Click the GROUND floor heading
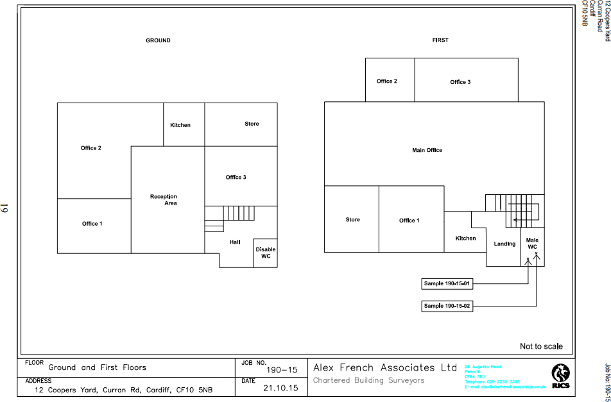point(158,40)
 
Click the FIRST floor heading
point(440,40)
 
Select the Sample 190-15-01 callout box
point(447,283)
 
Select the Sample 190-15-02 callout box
point(447,306)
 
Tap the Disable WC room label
point(266,253)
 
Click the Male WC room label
point(532,243)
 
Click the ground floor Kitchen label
point(180,125)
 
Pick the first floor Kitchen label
point(465,239)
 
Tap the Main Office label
point(427,150)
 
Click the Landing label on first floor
point(504,244)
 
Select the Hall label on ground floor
point(235,242)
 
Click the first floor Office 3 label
point(460,82)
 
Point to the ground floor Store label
point(252,124)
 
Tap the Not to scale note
point(541,346)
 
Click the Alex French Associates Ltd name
point(384,367)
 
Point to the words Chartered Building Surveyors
point(368,380)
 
